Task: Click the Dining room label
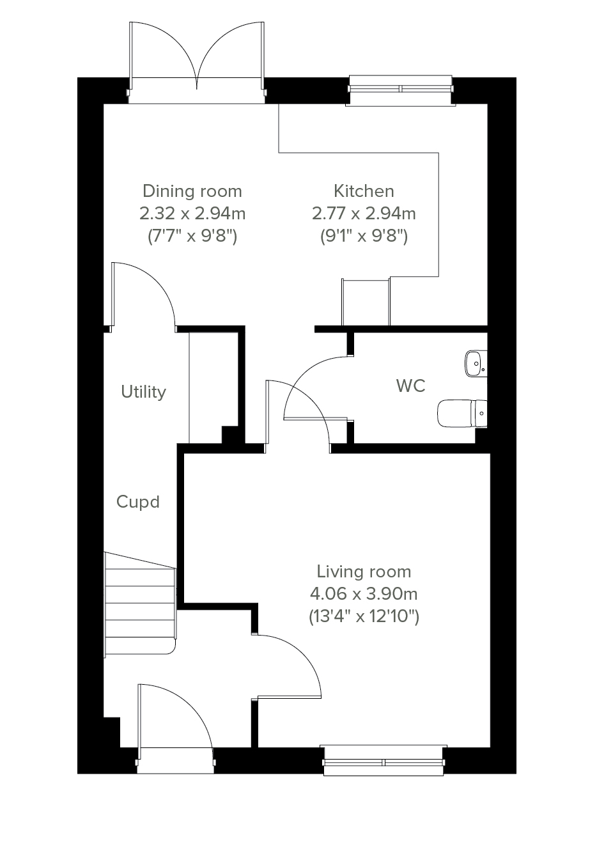pyautogui.click(x=192, y=191)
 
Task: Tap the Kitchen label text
pyautogui.click(x=364, y=191)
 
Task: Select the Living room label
pyautogui.click(x=364, y=572)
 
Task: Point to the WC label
pyautogui.click(x=410, y=386)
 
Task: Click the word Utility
pyautogui.click(x=144, y=392)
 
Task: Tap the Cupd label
pyautogui.click(x=138, y=502)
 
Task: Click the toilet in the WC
pyautogui.click(x=461, y=413)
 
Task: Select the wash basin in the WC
pyautogui.click(x=476, y=364)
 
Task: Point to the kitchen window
pyautogui.click(x=401, y=90)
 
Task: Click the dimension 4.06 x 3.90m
pyautogui.click(x=364, y=594)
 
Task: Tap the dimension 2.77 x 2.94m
pyautogui.click(x=364, y=214)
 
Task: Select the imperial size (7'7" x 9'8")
pyautogui.click(x=192, y=237)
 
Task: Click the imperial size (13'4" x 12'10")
pyautogui.click(x=364, y=616)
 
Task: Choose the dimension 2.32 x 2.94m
pyautogui.click(x=192, y=214)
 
